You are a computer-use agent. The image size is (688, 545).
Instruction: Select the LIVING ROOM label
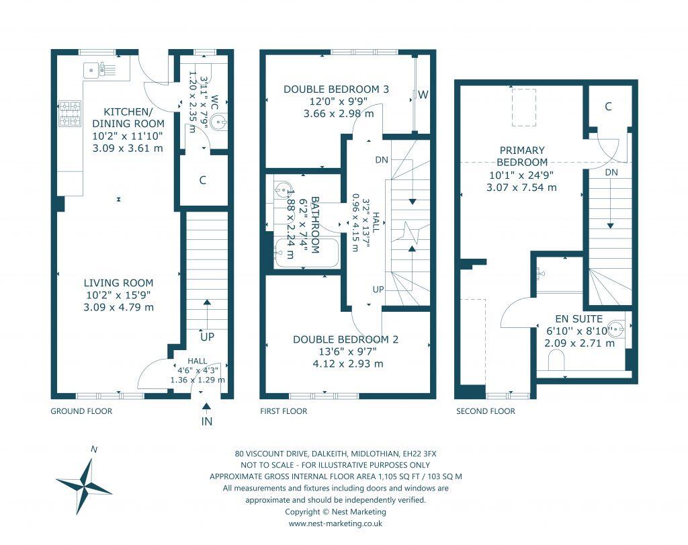tap(119, 283)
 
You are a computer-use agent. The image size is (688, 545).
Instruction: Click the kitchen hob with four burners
tap(70, 113)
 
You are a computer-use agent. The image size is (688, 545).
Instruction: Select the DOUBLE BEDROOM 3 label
tap(336, 89)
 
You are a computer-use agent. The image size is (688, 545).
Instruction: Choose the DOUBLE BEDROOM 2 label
tap(345, 339)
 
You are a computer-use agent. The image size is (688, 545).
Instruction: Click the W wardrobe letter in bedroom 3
tap(423, 95)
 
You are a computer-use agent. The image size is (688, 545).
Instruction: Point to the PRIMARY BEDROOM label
tap(521, 156)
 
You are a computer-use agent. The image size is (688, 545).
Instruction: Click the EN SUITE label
tap(578, 319)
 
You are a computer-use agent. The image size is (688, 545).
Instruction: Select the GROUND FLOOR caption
tap(81, 411)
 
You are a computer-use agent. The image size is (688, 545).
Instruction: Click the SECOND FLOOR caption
tap(486, 411)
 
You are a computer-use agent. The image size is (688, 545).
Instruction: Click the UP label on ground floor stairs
tap(206, 336)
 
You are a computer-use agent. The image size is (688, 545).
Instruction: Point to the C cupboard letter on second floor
tap(608, 106)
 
